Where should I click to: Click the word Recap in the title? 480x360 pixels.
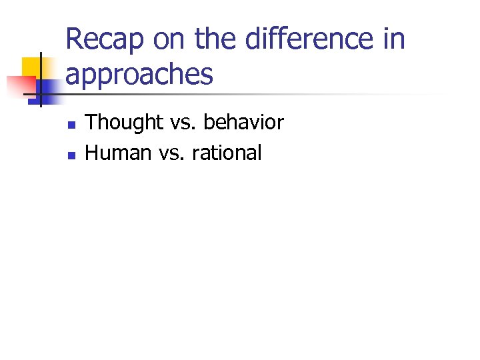tap(105, 39)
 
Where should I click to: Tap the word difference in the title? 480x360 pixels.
tap(309, 39)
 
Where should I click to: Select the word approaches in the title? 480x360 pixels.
tap(139, 75)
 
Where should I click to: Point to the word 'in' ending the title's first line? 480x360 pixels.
tap(394, 39)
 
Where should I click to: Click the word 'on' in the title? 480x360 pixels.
tap(169, 39)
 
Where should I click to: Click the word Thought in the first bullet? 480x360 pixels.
tap(124, 123)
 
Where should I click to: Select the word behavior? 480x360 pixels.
tap(243, 123)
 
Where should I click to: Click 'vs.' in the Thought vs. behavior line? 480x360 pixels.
tap(183, 123)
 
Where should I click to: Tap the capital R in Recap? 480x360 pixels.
tap(74, 39)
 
